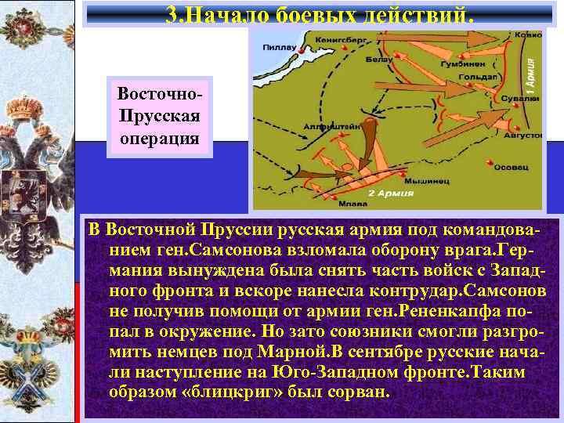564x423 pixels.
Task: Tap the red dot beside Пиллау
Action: coord(300,46)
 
